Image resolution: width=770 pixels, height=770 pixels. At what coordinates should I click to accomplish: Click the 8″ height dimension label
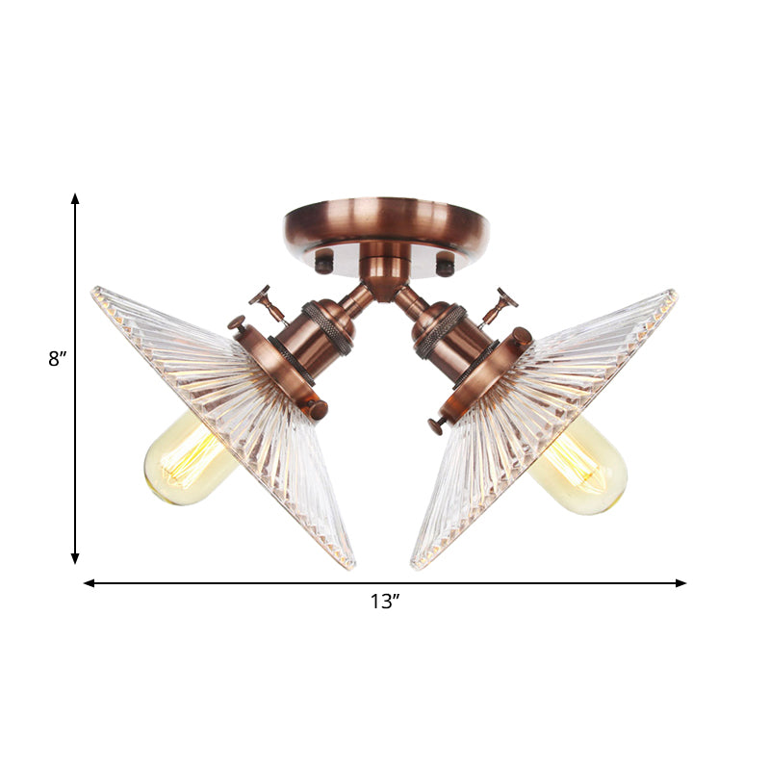[x=57, y=360]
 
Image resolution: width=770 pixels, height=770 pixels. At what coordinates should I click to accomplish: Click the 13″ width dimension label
[x=384, y=603]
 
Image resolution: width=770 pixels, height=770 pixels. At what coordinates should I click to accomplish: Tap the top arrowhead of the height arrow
[x=75, y=198]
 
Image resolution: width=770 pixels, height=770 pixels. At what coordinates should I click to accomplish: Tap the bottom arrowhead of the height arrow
[x=75, y=558]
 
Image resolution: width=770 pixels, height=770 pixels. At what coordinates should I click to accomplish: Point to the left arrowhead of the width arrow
[x=90, y=582]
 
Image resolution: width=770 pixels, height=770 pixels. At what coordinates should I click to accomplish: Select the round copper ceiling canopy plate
[x=385, y=223]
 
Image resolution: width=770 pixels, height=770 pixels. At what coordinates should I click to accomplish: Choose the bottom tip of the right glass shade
[x=416, y=565]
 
